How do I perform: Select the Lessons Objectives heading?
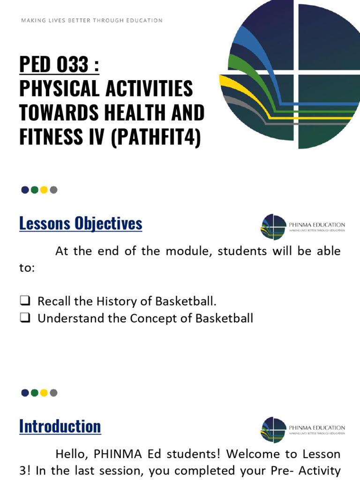click(x=81, y=224)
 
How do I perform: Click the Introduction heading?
click(x=60, y=426)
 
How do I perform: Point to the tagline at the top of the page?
click(x=92, y=21)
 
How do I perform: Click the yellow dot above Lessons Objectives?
click(x=44, y=190)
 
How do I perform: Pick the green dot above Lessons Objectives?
click(x=35, y=190)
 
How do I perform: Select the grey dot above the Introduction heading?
click(x=53, y=393)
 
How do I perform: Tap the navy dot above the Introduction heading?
click(x=25, y=393)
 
